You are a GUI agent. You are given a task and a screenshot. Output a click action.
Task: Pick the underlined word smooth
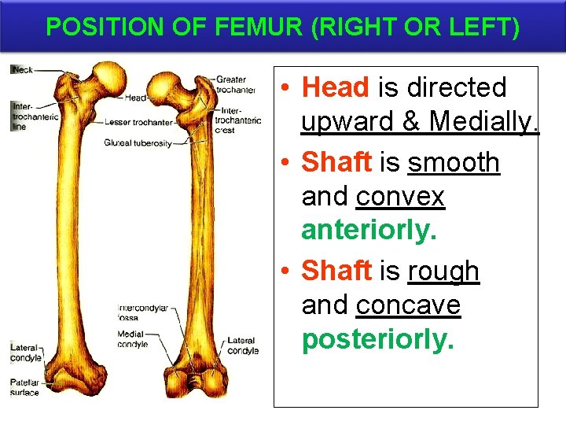point(454,162)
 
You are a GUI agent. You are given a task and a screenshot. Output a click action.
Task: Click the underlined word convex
point(400,197)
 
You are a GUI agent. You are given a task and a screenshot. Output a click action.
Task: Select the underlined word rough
point(443,271)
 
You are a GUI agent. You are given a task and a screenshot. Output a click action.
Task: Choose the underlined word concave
point(408,305)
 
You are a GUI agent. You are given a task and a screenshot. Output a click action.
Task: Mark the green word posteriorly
point(378,339)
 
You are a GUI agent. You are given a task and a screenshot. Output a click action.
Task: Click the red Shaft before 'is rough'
point(336,271)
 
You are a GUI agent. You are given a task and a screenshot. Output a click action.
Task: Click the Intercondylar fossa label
point(142,312)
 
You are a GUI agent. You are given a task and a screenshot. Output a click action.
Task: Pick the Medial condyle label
point(132,339)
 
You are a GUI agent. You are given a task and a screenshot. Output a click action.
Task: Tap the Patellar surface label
point(24,387)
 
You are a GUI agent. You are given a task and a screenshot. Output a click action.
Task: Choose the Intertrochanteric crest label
point(237,120)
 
